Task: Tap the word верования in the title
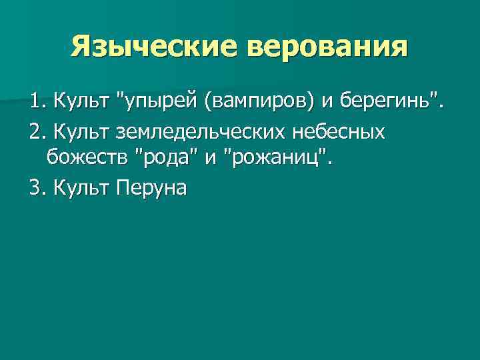coord(326,48)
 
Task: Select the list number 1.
coord(35,103)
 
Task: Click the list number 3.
coord(35,189)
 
